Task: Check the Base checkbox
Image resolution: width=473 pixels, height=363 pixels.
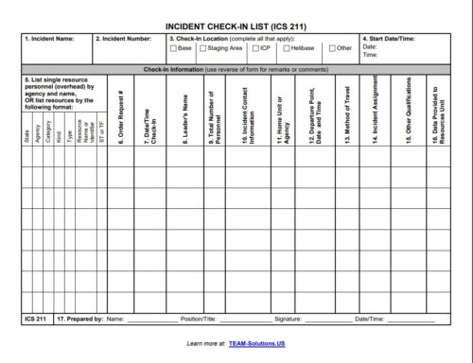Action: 173,47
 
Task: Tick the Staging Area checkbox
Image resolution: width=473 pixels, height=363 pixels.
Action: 201,47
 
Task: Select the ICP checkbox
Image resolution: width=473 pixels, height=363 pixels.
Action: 253,47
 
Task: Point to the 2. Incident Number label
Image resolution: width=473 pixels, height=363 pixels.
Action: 126,39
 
